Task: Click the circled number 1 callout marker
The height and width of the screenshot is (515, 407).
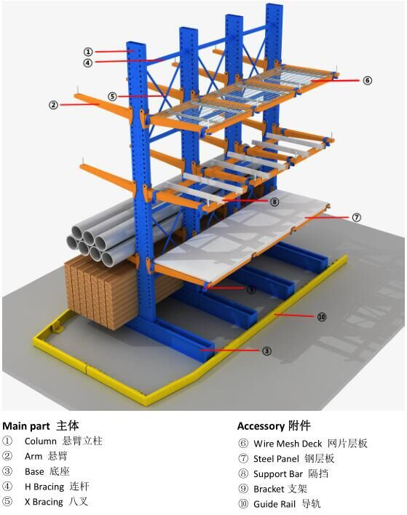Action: point(88,52)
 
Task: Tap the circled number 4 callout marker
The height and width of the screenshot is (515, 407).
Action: point(87,63)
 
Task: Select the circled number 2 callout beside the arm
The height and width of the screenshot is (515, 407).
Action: point(53,105)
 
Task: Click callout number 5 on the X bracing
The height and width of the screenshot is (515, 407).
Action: point(113,97)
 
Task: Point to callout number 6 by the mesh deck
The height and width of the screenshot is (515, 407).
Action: point(367,80)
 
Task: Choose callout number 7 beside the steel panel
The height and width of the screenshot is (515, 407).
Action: point(357,217)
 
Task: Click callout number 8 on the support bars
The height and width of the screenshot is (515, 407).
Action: point(274,201)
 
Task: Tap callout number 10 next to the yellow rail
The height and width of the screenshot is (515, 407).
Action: point(322,317)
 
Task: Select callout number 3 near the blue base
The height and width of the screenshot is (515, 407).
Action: point(267,351)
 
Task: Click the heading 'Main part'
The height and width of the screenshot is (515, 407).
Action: point(26,426)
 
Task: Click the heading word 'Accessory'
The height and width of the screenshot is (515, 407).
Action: point(261,426)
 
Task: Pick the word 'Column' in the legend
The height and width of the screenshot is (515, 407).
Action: point(40,441)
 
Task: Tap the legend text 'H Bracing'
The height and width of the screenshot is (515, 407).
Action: point(44,487)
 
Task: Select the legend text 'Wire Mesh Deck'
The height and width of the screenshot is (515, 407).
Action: point(288,444)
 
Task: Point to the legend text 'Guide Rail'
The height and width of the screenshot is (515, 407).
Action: point(274,504)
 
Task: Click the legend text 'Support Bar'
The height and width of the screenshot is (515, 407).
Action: point(278,474)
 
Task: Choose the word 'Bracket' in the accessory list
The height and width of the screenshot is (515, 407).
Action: point(269,489)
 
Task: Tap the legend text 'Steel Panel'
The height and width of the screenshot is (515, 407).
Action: point(276,459)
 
